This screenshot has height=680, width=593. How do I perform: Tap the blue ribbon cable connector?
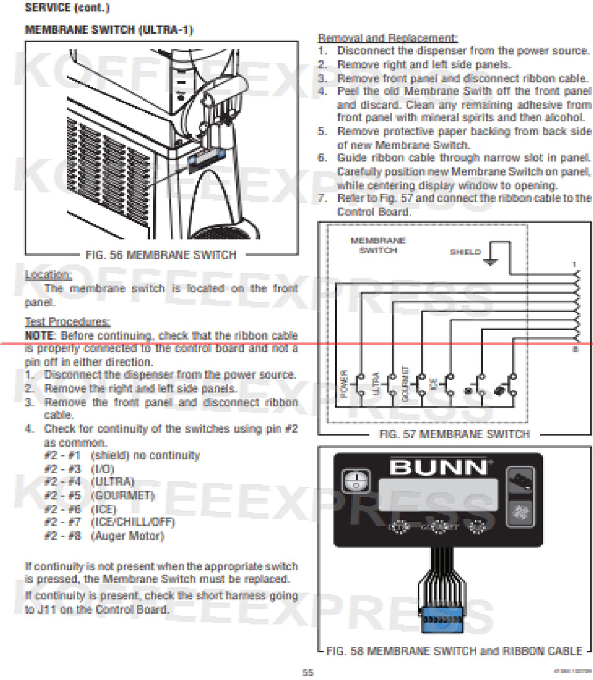point(442,620)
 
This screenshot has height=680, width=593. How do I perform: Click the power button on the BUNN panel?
point(356,481)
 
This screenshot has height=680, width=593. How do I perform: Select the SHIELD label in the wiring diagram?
point(465,252)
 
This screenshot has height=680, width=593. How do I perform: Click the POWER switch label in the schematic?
point(344,384)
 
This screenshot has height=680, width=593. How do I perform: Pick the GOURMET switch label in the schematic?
point(405,384)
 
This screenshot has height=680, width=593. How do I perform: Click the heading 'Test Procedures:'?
point(67,322)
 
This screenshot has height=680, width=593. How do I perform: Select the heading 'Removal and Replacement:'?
point(388,38)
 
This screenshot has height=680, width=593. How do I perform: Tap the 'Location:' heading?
point(48,275)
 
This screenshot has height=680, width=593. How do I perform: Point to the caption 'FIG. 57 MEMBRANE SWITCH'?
point(454,434)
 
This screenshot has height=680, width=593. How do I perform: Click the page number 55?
point(308,672)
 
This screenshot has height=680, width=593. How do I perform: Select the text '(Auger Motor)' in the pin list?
point(127,536)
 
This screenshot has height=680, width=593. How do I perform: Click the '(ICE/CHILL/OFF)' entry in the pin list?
point(133,522)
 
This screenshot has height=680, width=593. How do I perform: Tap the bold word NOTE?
point(40,335)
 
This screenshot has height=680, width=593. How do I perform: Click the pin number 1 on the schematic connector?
point(574,264)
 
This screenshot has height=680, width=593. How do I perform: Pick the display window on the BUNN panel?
point(438,495)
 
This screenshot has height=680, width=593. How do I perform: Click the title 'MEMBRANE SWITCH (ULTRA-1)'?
point(109,30)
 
